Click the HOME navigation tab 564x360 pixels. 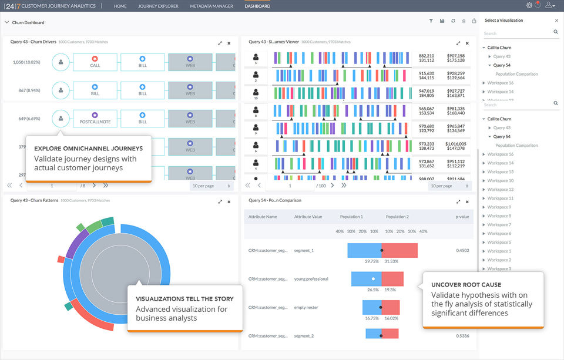pos(120,6)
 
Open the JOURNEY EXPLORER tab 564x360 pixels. pos(158,6)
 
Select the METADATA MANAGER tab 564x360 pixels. pos(211,6)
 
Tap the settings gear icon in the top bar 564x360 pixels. pos(529,5)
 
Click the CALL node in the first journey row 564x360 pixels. pos(95,62)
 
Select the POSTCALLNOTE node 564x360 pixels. pos(95,119)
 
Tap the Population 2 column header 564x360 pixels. pos(397,217)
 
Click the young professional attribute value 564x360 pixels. pos(311,279)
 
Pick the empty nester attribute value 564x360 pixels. pos(308,307)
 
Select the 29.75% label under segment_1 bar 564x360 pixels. pos(371,261)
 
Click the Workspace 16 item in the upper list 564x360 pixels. pos(500,83)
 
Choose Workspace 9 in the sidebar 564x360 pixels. pos(499,207)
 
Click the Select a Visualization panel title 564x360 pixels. pos(503,21)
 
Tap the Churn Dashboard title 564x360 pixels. pos(28,23)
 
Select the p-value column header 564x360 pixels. pos(462,217)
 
